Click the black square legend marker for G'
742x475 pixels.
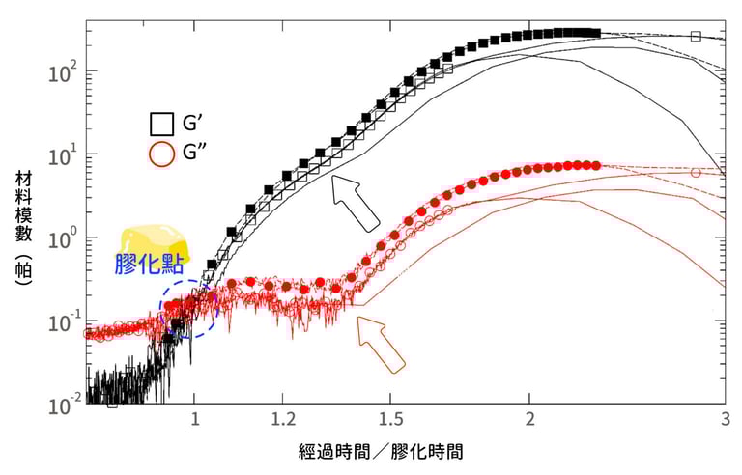(162, 124)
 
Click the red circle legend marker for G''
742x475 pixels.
(162, 154)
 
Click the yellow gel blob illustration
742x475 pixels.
(155, 241)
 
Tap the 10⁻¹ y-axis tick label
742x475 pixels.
(60, 321)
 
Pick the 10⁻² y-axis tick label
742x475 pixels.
(60, 404)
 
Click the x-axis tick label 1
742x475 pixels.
(195, 422)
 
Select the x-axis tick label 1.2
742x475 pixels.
(283, 422)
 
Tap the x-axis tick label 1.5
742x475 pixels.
(390, 422)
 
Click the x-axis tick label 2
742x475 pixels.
(528, 422)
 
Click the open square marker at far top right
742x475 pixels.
(696, 37)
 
